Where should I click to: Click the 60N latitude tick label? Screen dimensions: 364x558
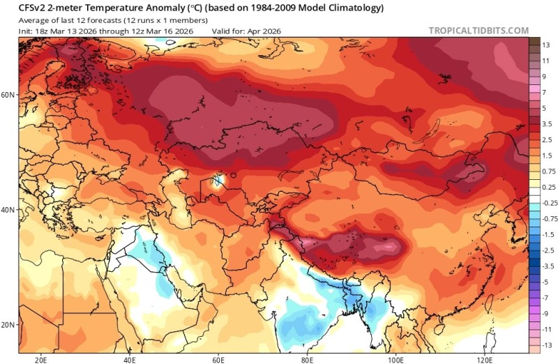tap(8, 93)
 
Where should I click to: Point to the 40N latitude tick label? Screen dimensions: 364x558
tap(8, 209)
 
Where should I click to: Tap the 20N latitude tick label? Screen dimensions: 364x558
tap(8, 325)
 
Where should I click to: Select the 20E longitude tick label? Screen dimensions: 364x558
tap(41, 360)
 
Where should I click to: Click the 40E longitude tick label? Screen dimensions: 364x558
tap(130, 360)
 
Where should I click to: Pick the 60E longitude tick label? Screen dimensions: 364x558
tap(218, 360)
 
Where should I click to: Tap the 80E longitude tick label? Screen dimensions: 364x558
tap(307, 360)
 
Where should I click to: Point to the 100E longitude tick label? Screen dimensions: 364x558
tap(395, 360)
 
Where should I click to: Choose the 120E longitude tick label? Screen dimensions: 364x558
tap(485, 360)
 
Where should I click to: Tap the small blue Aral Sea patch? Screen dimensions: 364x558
tap(218, 182)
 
